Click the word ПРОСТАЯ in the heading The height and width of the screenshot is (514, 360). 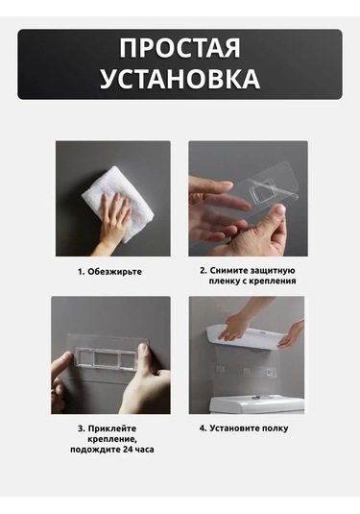tap(180, 48)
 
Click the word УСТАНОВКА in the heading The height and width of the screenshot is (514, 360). tap(180, 79)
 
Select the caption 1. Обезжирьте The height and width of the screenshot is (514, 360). tap(109, 272)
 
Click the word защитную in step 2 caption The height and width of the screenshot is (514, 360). tap(273, 271)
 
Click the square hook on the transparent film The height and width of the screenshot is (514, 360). tap(264, 191)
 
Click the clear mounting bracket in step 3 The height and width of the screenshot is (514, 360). tap(105, 356)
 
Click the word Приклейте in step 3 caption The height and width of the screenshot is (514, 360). tap(112, 428)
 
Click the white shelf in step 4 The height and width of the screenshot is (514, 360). tap(248, 337)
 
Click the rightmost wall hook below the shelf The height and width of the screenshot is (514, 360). tap(269, 373)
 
